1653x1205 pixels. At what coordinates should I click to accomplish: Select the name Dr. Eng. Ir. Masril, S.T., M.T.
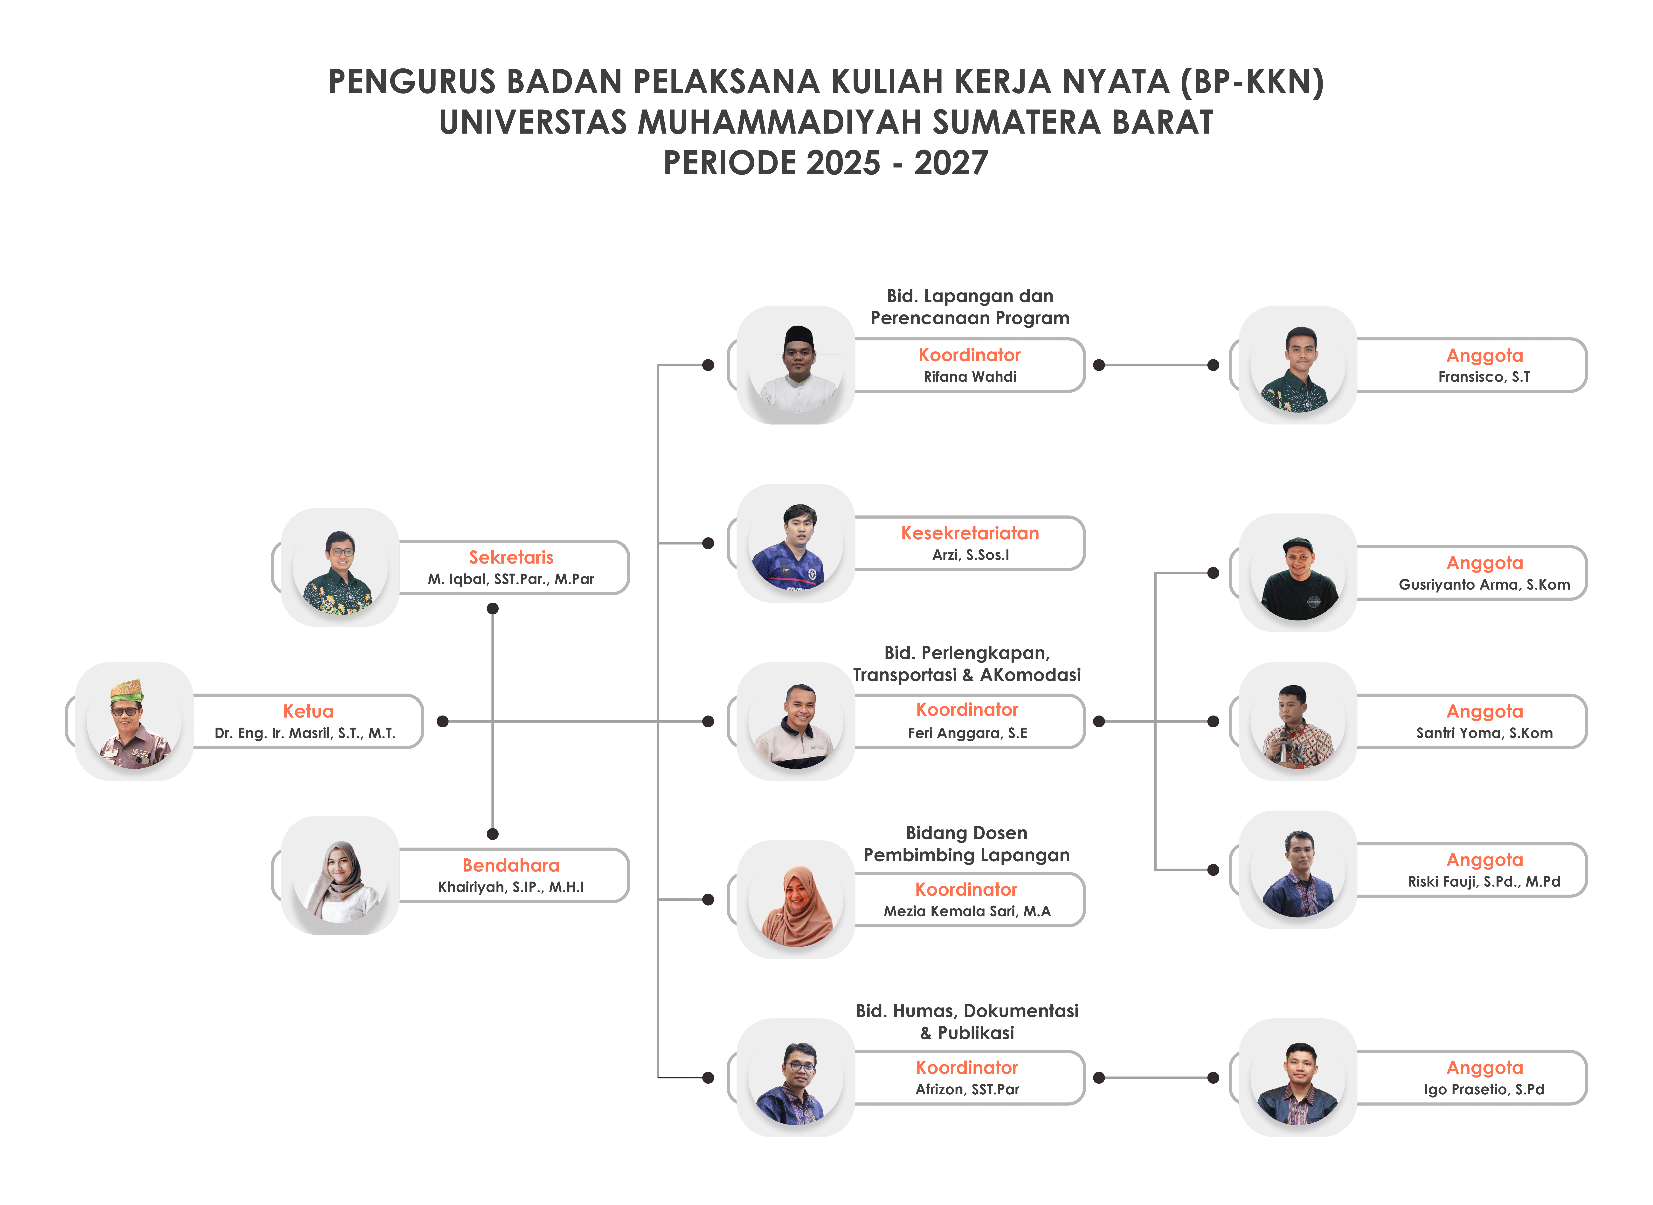[x=305, y=733]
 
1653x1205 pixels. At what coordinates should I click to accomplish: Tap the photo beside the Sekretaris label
[x=340, y=567]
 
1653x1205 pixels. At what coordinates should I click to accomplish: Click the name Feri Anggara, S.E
[x=967, y=733]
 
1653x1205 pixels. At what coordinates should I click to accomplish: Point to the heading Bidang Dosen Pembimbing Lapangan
[x=967, y=844]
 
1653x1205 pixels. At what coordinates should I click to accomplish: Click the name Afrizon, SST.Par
[x=967, y=1089]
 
